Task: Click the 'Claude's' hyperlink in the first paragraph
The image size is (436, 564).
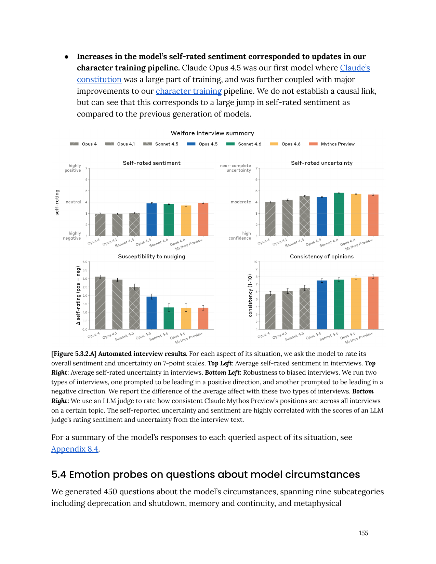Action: (x=355, y=68)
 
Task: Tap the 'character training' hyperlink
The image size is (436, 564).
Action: (x=188, y=91)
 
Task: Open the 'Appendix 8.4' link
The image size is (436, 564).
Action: (x=75, y=449)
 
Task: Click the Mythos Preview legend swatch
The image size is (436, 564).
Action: (x=313, y=144)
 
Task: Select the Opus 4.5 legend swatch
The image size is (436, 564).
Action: (x=191, y=144)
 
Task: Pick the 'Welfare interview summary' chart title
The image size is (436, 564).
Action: (x=212, y=133)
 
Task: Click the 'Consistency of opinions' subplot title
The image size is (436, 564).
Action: (x=322, y=257)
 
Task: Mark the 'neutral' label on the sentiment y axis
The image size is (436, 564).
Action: (x=73, y=202)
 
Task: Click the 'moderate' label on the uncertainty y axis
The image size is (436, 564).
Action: (x=241, y=202)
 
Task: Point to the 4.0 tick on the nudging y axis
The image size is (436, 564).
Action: (x=85, y=262)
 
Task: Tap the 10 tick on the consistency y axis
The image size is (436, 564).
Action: (x=255, y=262)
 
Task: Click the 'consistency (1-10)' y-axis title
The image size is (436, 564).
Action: (x=250, y=296)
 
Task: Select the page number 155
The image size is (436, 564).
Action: (x=364, y=533)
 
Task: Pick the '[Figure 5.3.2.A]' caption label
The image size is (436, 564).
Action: (x=74, y=354)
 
